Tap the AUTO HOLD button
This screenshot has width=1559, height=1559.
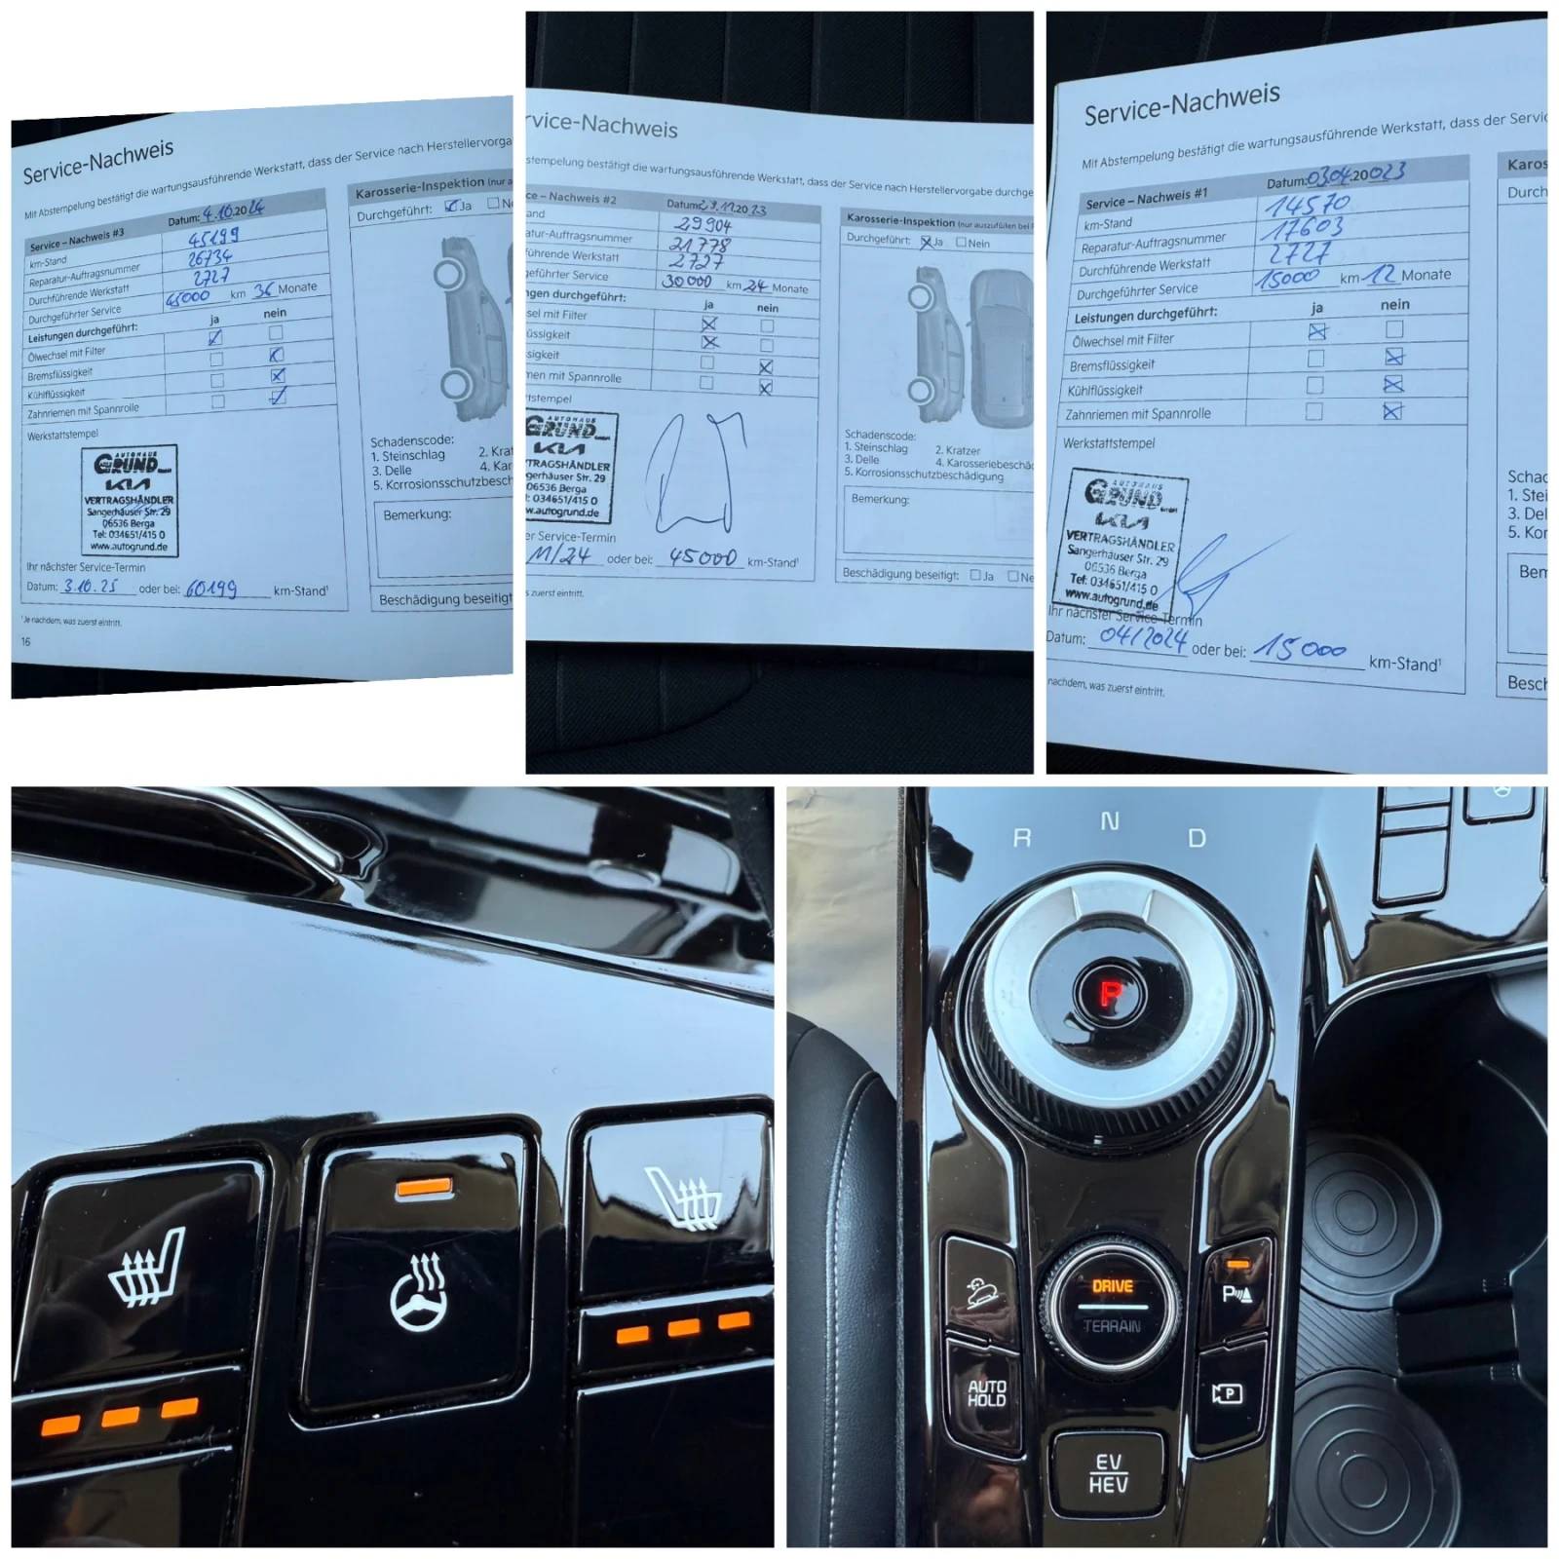pyautogui.click(x=986, y=1392)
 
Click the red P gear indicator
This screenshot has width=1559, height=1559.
pyautogui.click(x=1110, y=993)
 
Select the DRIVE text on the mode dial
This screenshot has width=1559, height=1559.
pyautogui.click(x=1112, y=1286)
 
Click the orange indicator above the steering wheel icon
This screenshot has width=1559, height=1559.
pyautogui.click(x=424, y=1187)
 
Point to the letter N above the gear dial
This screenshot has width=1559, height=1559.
pyautogui.click(x=1110, y=821)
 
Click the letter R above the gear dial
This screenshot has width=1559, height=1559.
pyautogui.click(x=1022, y=837)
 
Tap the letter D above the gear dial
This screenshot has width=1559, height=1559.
pyautogui.click(x=1197, y=838)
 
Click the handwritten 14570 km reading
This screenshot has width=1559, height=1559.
pyautogui.click(x=1308, y=205)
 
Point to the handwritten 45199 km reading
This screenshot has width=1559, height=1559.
pyautogui.click(x=213, y=237)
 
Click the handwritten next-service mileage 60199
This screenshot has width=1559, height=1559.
pyautogui.click(x=211, y=589)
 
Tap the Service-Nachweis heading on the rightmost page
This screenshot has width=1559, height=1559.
pyautogui.click(x=1182, y=104)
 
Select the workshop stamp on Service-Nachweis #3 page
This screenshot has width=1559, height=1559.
pyautogui.click(x=129, y=500)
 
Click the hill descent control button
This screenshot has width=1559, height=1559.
pyautogui.click(x=982, y=1292)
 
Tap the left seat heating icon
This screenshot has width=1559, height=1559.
pyautogui.click(x=146, y=1267)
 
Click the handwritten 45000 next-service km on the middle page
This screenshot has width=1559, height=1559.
pyautogui.click(x=702, y=557)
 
